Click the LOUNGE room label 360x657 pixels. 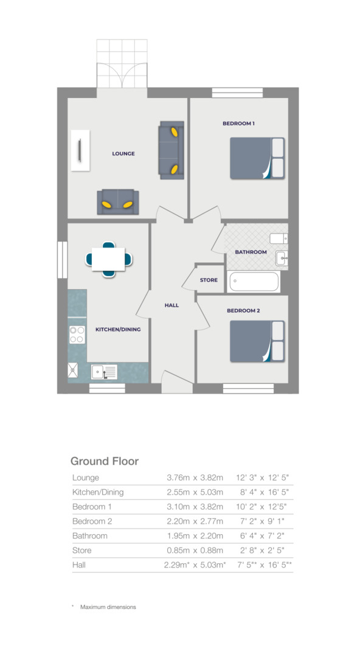pos(123,154)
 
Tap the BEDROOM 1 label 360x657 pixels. pos(238,123)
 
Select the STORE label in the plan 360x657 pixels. pos(209,280)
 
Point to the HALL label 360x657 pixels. pos(171,305)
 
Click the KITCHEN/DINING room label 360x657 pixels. pos(118,330)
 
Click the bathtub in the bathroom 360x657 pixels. pos(254,282)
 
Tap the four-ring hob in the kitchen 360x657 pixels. pos(77,335)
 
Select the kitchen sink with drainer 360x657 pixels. pos(104,371)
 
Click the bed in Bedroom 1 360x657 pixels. pos(257,158)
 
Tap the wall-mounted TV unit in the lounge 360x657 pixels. pos(80,150)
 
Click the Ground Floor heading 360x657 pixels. pos(105,461)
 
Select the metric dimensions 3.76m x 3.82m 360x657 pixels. pos(195,478)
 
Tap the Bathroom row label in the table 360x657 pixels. pos(89,536)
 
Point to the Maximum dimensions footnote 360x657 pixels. pos(108,607)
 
